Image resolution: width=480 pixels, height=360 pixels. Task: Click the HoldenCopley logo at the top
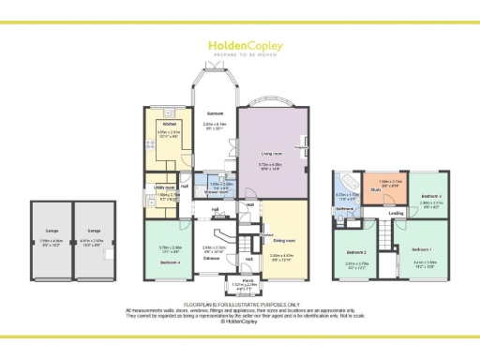pos(239,46)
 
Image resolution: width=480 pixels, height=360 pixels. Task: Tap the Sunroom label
pos(215,112)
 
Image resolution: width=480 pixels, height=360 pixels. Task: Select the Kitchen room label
pos(170,124)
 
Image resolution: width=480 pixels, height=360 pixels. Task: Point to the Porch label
pos(248,280)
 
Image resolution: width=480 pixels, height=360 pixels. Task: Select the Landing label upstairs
pos(397,214)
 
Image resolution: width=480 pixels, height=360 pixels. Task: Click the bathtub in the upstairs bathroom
pos(347,181)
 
